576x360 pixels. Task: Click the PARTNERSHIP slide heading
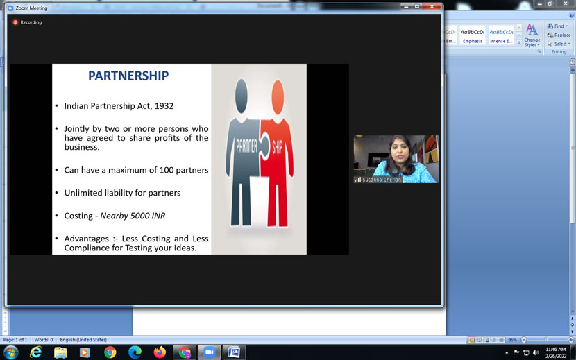point(128,76)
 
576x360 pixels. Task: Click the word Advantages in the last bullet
point(89,239)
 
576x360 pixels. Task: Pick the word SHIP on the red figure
point(278,147)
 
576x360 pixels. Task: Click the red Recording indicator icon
point(15,22)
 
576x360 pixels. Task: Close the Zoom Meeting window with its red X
point(432,7)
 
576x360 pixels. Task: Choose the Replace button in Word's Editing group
point(559,35)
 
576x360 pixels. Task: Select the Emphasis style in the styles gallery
point(473,35)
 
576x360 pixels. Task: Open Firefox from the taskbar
point(160,352)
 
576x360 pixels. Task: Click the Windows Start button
point(10,352)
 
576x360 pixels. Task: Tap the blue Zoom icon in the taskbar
point(208,352)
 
